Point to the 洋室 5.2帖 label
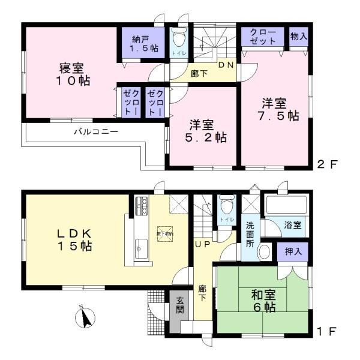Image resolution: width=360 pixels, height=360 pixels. [x=204, y=131]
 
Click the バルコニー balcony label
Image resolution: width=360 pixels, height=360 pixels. [x=96, y=131]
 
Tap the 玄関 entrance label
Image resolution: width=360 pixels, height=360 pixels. [x=180, y=306]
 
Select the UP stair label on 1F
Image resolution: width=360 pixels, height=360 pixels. [x=201, y=244]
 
